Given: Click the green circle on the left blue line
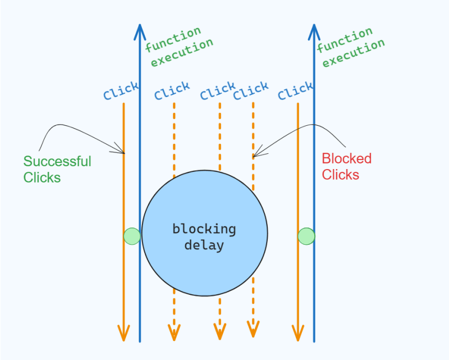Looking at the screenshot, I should click(x=132, y=236).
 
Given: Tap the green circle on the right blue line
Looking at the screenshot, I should click(x=306, y=236).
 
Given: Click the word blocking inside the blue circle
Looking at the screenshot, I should click(x=204, y=229).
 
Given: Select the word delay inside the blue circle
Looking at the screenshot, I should click(x=204, y=245).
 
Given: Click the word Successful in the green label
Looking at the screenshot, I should click(x=57, y=162).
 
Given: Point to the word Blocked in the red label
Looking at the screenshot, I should click(x=346, y=159).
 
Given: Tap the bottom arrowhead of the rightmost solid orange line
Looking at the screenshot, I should click(x=297, y=335).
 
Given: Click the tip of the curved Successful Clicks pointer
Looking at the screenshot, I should click(x=123, y=152).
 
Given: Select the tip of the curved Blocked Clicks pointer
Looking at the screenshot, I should click(x=254, y=156).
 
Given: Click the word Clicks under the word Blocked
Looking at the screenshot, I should click(x=340, y=175).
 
